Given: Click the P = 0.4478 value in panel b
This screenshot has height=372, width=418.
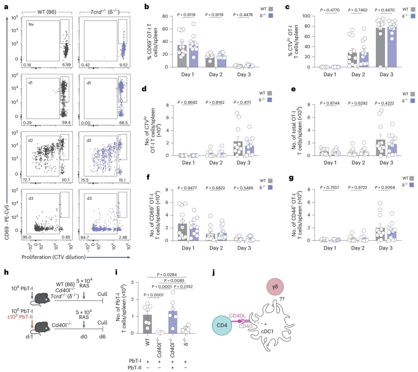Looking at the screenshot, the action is click(x=243, y=15).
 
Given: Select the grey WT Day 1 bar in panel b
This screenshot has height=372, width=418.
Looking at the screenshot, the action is click(x=182, y=56).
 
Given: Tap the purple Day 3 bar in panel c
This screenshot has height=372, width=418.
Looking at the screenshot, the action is click(x=392, y=47).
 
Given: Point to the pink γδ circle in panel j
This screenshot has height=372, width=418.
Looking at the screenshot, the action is click(x=275, y=287).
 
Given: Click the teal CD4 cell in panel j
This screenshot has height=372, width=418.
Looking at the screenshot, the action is click(x=222, y=325).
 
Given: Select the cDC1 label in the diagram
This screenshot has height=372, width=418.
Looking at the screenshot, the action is click(x=267, y=331).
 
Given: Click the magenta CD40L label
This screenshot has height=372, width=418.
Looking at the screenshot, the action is click(x=238, y=316).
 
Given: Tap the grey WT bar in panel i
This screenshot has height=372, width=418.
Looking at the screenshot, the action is click(x=147, y=324).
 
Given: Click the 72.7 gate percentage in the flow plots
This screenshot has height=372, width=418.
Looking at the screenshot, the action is click(x=26, y=180).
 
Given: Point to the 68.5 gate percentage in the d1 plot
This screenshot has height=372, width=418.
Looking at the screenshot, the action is click(x=123, y=123).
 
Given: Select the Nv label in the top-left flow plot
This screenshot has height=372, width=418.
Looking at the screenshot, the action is click(x=31, y=24).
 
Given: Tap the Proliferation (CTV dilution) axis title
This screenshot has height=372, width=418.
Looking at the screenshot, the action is click(x=53, y=257).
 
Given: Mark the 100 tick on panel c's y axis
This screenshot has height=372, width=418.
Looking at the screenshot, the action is click(x=306, y=16).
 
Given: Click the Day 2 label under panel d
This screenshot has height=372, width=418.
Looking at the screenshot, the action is click(x=216, y=163).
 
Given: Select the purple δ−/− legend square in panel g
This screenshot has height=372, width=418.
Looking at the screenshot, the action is click(x=411, y=185).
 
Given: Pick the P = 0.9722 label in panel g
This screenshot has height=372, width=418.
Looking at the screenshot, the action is click(x=358, y=188).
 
